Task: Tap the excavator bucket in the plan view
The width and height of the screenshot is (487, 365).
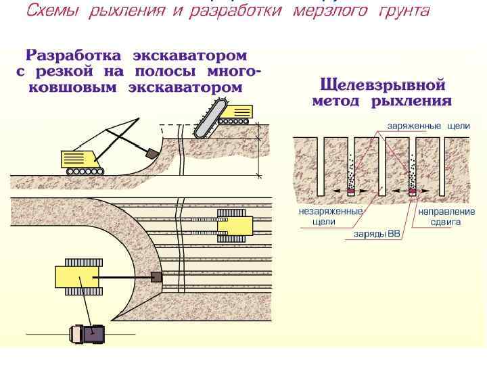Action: (x=156, y=277)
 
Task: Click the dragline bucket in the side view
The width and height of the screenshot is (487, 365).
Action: (x=151, y=154)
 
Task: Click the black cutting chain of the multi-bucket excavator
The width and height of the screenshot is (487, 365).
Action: (x=208, y=121)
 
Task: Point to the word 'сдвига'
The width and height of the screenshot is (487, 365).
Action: (x=446, y=222)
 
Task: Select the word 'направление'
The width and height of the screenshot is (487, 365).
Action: (x=446, y=212)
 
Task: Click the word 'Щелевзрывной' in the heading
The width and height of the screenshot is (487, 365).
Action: (x=381, y=86)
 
